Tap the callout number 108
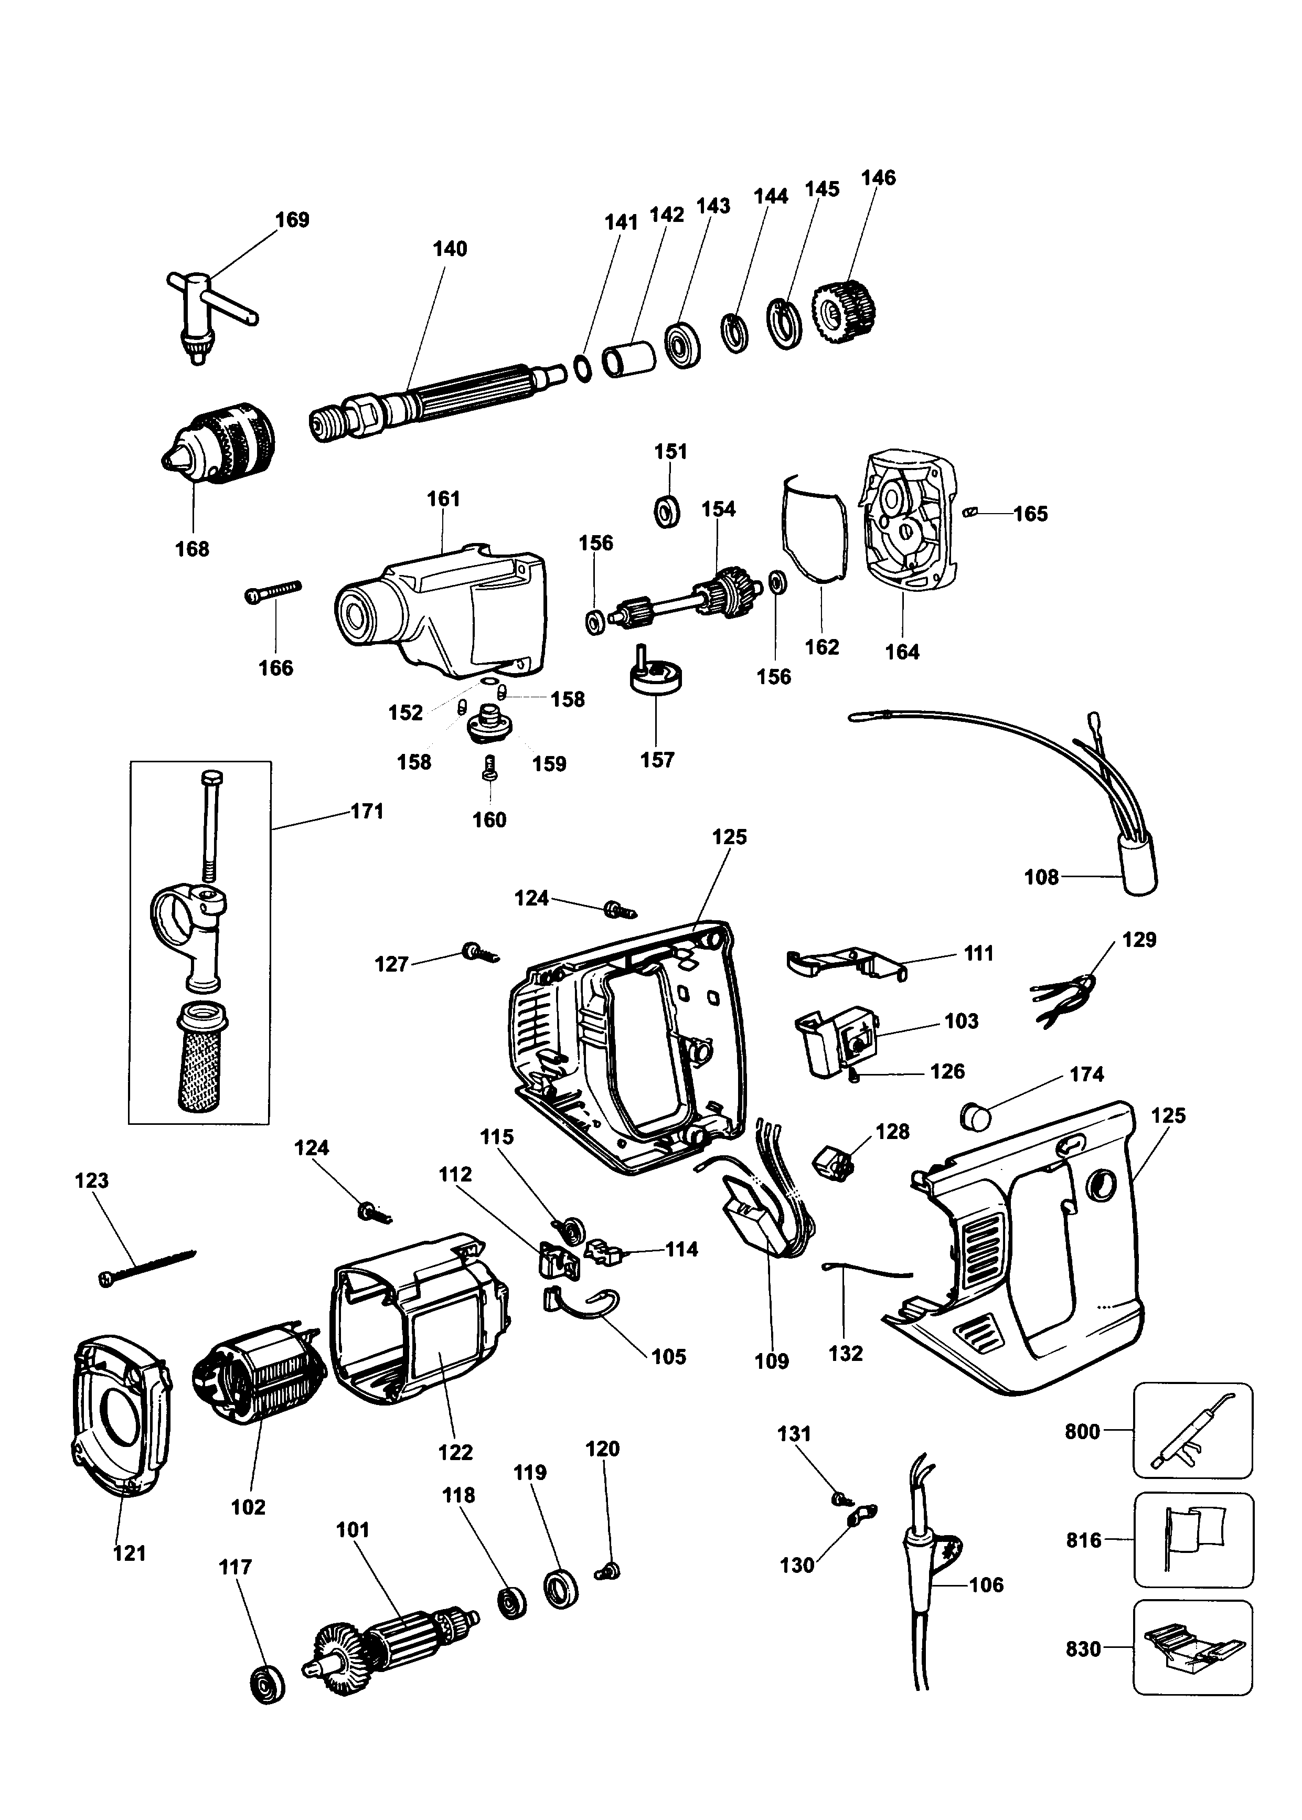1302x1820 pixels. coord(1041,878)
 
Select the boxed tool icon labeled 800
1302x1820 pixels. coord(1192,1431)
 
